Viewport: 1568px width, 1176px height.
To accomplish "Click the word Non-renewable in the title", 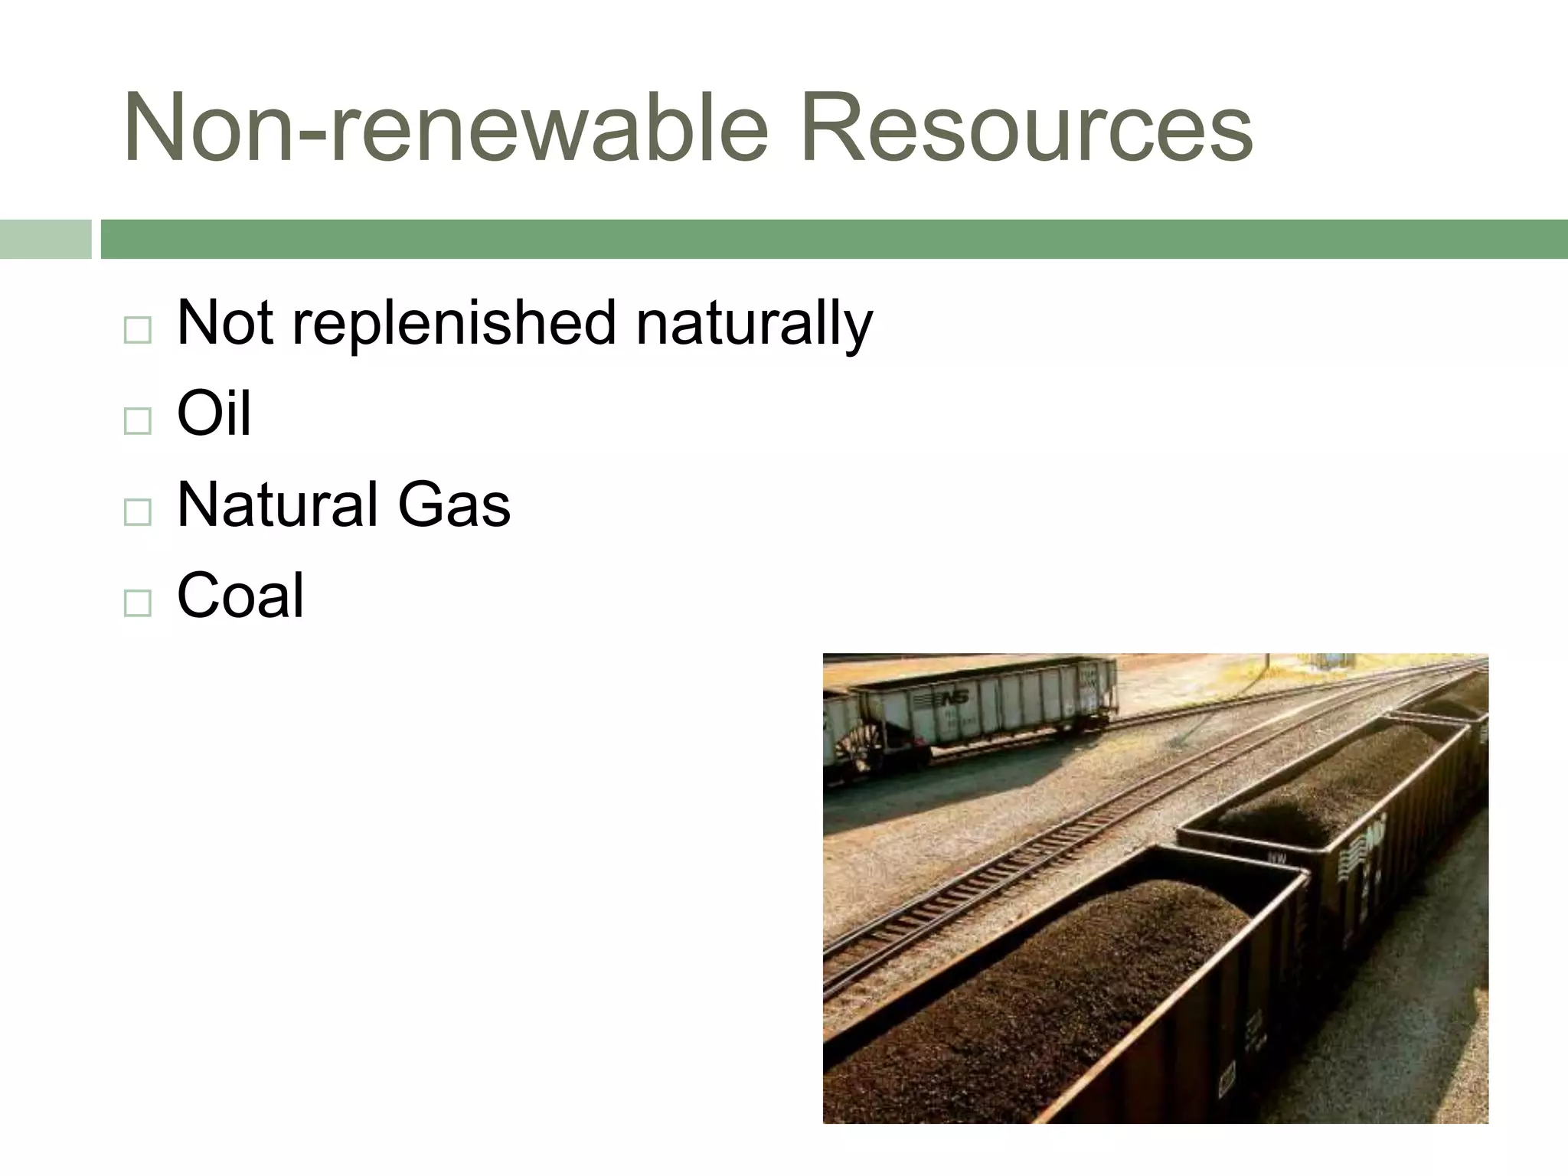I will [x=445, y=126].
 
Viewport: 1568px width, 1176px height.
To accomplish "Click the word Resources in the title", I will [x=1026, y=126].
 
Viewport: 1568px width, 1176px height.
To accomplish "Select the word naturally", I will [x=754, y=324].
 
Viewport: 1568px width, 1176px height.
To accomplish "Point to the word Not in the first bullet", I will [x=224, y=322].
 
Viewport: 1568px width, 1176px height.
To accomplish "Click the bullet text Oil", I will [x=214, y=413].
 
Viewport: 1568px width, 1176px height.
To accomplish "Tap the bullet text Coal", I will [x=240, y=596].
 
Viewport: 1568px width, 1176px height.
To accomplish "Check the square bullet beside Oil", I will [x=137, y=421].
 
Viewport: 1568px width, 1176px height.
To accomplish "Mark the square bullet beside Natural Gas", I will [x=137, y=512].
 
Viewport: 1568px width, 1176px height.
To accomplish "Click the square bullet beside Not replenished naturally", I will [x=137, y=330].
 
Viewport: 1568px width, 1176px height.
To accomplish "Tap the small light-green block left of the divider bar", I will [x=45, y=239].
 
